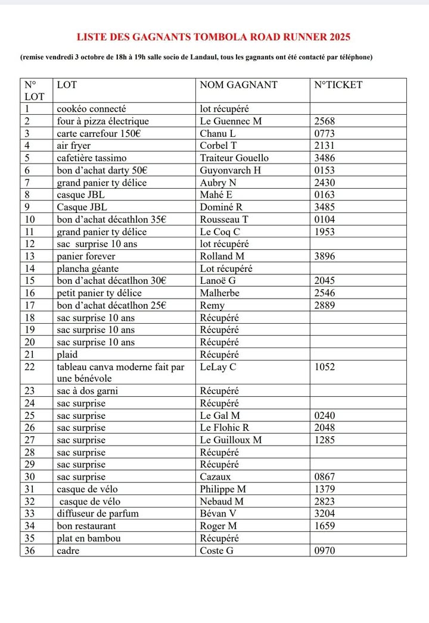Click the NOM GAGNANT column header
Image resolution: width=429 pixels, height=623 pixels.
[x=238, y=84]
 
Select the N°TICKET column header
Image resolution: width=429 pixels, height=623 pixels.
[x=338, y=84]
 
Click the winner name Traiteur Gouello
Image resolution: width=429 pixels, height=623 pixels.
[x=234, y=158]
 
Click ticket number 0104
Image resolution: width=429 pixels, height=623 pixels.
[x=325, y=219]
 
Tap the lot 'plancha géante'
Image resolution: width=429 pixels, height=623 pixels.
[x=88, y=268]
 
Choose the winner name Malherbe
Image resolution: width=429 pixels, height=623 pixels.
[x=221, y=293]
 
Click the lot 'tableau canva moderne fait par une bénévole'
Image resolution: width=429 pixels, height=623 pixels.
[x=120, y=372]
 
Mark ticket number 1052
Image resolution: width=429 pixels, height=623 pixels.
[x=325, y=367]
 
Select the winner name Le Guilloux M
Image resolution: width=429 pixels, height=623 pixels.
[x=231, y=440]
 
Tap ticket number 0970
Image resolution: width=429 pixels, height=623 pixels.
[x=325, y=550]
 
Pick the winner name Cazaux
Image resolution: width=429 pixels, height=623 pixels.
[x=217, y=477]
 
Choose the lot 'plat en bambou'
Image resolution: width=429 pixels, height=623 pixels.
[x=89, y=538]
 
